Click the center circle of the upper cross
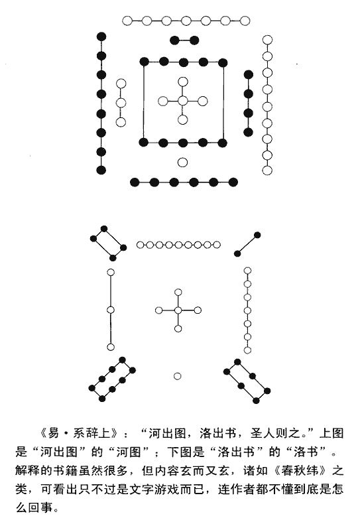click(183, 101)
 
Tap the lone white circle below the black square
click(182, 163)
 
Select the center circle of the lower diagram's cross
click(178, 310)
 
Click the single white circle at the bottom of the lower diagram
click(177, 376)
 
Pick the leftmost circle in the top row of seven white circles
click(127, 21)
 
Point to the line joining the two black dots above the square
click(184, 40)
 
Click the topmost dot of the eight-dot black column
click(101, 36)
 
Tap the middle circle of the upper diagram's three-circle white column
click(121, 103)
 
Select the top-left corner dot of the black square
click(145, 62)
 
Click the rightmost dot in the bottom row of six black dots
click(233, 182)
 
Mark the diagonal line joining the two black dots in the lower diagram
click(247, 244)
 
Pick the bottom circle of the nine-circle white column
click(267, 170)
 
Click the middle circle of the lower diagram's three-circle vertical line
click(111, 310)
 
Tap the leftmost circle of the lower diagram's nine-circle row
click(140, 245)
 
